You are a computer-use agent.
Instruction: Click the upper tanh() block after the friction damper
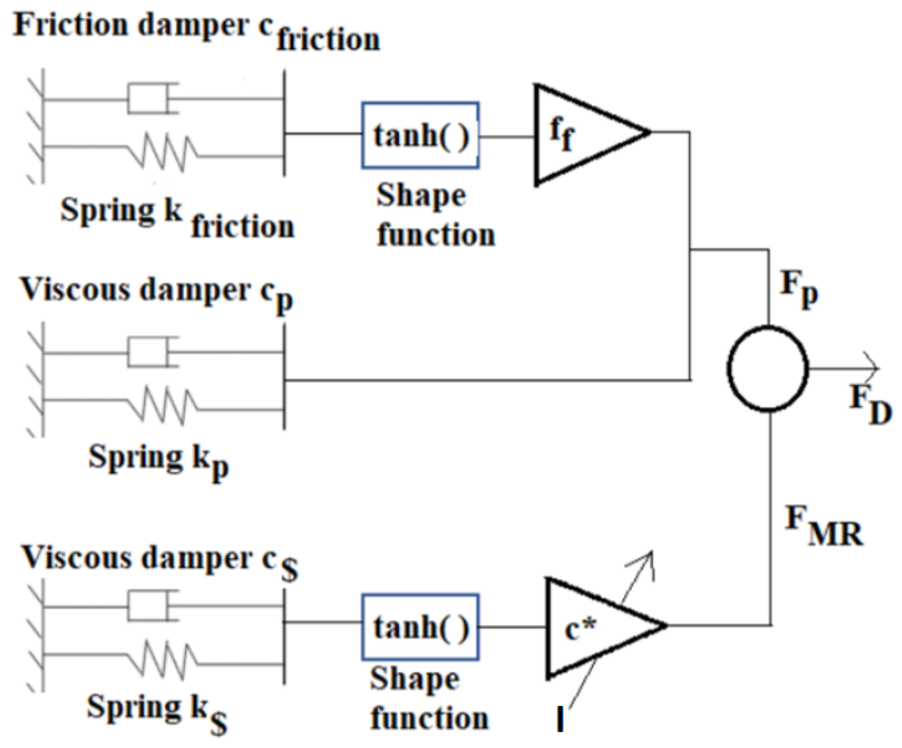coord(420,135)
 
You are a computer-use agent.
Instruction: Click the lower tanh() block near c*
coord(420,627)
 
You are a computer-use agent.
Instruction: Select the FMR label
coord(822,526)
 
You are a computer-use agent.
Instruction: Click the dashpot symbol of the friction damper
coord(150,99)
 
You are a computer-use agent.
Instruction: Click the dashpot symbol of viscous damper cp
coord(150,352)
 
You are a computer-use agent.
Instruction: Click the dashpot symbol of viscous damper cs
coord(150,605)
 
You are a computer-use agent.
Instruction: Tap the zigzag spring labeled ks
coord(163,659)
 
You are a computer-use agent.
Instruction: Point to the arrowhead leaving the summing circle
coord(872,368)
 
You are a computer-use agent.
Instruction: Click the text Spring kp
coord(158,459)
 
